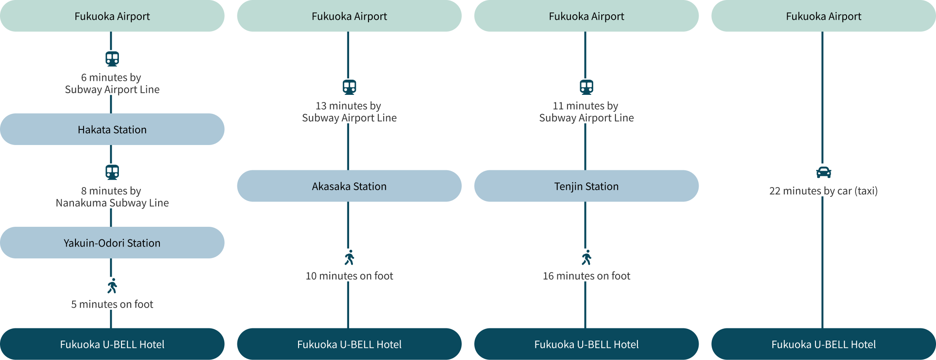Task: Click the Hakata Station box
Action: [x=112, y=129]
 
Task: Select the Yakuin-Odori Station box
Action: [x=112, y=243]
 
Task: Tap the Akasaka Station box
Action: [x=349, y=186]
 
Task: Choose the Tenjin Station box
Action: [x=586, y=186]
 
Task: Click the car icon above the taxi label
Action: [x=823, y=172]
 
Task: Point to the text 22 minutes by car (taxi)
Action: [x=823, y=191]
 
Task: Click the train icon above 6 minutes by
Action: [x=112, y=59]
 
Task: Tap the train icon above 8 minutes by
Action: [x=112, y=172]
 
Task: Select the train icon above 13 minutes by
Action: [x=349, y=87]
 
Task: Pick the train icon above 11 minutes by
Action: [x=586, y=87]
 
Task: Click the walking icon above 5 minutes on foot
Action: [x=112, y=286]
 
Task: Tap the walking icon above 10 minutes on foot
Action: [x=349, y=258]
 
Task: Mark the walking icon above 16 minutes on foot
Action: [x=586, y=258]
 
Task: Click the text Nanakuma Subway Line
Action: [x=112, y=203]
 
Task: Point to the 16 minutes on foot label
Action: [x=586, y=276]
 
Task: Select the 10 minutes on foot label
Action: [x=349, y=276]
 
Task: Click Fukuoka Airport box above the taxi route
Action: [x=823, y=16]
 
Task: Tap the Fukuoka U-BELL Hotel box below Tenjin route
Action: [x=586, y=344]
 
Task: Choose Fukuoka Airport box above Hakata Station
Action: [x=112, y=16]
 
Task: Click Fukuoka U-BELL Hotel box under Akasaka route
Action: [x=349, y=344]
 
